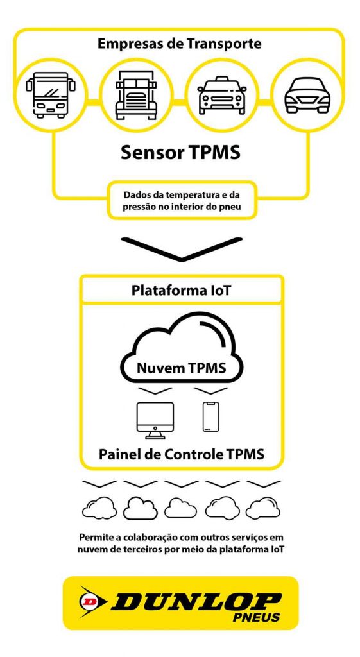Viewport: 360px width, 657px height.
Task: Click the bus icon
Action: click(51, 95)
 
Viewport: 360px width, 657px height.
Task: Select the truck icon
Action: click(136, 95)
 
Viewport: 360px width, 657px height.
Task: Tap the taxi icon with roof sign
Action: click(221, 95)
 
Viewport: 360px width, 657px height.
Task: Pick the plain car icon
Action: click(307, 95)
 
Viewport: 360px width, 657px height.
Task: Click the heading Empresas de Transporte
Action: click(180, 44)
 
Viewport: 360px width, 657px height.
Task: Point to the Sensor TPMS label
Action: click(180, 153)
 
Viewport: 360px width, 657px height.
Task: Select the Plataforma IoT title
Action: click(181, 291)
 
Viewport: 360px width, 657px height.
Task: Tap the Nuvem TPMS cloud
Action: click(182, 350)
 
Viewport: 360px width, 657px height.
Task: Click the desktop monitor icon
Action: click(155, 420)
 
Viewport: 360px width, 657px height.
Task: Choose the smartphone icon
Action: click(211, 416)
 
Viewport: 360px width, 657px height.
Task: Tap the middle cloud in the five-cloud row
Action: click(180, 508)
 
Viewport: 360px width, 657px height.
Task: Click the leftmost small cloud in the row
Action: click(99, 508)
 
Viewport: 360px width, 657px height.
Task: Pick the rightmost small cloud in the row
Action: click(262, 508)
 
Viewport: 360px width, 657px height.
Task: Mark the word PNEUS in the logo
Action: click(257, 617)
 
